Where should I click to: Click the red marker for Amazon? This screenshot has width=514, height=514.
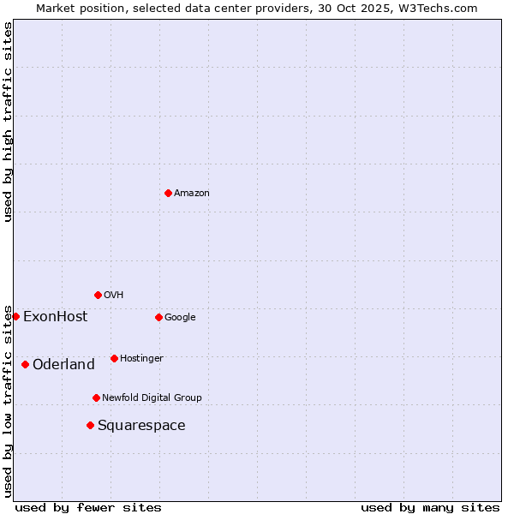tap(168, 193)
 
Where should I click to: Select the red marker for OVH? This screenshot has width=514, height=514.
tap(98, 295)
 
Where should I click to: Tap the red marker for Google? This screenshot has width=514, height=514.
tap(158, 317)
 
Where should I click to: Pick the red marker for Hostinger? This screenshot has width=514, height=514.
tap(114, 358)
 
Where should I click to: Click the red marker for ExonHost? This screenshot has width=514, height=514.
tap(15, 316)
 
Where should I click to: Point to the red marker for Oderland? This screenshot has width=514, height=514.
tap(25, 364)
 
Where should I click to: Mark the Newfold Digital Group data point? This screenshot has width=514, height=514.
tap(96, 397)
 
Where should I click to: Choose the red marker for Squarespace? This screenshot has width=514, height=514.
tap(90, 425)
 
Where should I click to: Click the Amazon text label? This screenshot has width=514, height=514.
tap(192, 194)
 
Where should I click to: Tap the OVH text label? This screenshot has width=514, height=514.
tap(114, 296)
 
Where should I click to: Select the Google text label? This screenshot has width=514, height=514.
tap(180, 318)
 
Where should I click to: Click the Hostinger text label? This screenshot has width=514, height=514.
tap(141, 359)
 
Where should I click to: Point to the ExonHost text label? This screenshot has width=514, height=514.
tap(55, 317)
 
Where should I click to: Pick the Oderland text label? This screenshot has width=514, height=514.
tap(63, 365)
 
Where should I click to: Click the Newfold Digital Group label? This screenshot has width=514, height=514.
tap(152, 398)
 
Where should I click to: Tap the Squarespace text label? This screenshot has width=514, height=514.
tap(141, 426)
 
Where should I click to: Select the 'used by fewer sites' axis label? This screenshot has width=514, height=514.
tap(88, 507)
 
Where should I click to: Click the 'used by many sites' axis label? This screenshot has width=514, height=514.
tap(430, 507)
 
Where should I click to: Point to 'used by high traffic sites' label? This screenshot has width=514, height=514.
tap(8, 122)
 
